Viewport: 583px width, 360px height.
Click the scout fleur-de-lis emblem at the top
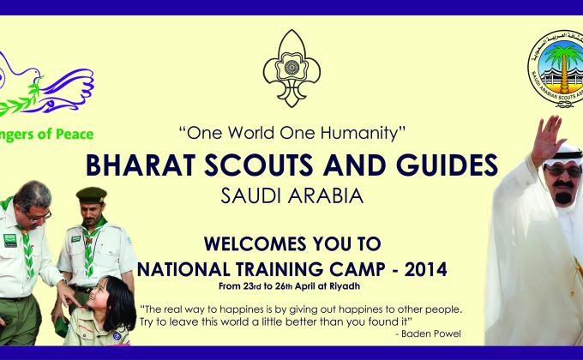291,68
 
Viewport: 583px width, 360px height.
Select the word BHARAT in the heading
135,165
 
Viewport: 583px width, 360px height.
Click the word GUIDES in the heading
446,165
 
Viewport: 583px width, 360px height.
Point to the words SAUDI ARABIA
291,195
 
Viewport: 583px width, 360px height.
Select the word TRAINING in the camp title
291,268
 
